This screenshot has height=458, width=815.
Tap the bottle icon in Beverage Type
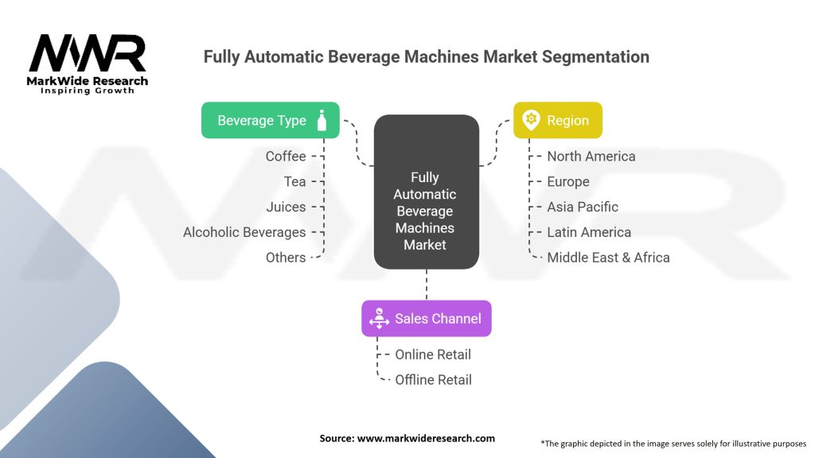[322, 120]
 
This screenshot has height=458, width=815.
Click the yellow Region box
[557, 121]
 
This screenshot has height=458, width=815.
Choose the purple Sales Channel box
[427, 318]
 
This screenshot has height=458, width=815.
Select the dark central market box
[426, 192]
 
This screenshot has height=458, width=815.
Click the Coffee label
[286, 156]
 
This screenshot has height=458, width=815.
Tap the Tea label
[294, 181]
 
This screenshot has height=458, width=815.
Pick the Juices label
[286, 207]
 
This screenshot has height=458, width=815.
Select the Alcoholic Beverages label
[244, 232]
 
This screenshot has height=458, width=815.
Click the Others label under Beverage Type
[286, 258]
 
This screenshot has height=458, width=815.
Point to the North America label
[591, 156]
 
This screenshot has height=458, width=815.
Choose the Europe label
[568, 181]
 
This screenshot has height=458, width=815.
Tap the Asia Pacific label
[583, 207]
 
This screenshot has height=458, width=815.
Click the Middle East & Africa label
[608, 258]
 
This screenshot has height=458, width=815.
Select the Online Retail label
[433, 355]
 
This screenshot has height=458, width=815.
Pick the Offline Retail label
[433, 380]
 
